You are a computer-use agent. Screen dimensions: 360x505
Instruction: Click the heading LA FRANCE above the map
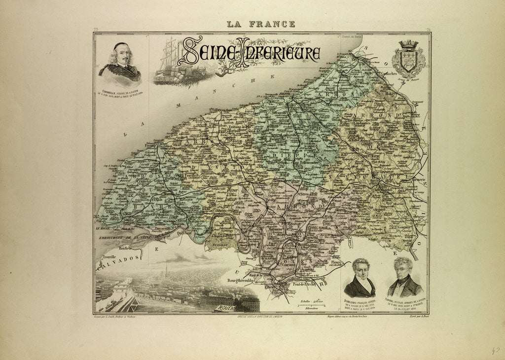tap(261, 24)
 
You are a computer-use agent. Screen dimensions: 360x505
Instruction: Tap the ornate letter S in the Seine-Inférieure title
tap(191, 51)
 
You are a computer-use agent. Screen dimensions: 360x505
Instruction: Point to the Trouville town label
tap(109, 257)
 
